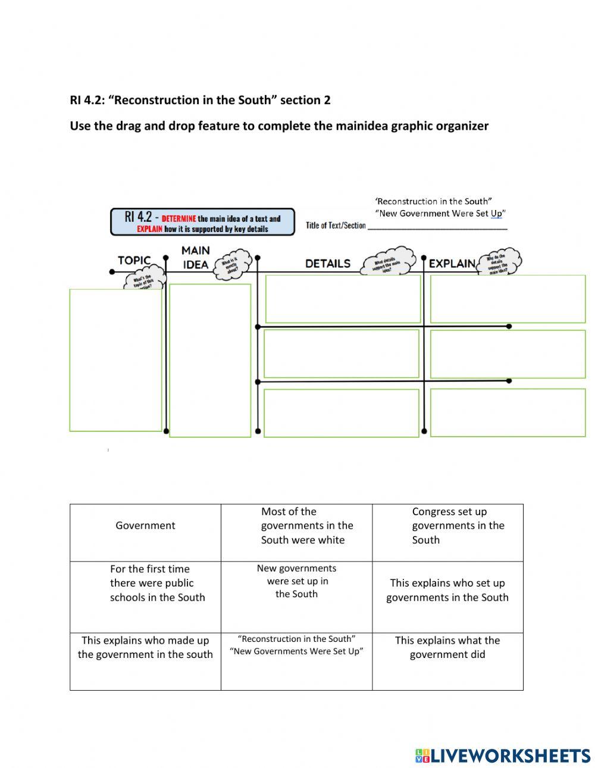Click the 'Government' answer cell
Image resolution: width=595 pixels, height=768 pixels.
click(x=145, y=526)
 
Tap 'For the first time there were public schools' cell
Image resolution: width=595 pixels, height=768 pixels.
click(x=157, y=583)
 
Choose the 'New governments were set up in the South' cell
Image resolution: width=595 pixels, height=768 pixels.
click(x=296, y=581)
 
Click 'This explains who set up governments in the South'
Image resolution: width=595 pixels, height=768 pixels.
click(x=447, y=590)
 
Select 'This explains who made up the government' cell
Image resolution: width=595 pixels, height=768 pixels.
click(x=145, y=647)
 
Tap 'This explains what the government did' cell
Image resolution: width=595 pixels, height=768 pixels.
click(x=447, y=647)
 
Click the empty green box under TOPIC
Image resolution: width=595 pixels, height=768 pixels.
click(x=115, y=360)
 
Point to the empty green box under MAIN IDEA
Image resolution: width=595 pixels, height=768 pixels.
click(x=210, y=361)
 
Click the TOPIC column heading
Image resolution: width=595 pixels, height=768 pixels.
click(x=134, y=261)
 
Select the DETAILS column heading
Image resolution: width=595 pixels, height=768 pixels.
click(x=328, y=264)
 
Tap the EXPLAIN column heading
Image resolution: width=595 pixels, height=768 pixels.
click(x=452, y=264)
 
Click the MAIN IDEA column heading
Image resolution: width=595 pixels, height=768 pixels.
click(x=195, y=258)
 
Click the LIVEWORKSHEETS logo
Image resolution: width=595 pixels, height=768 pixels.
click(x=503, y=756)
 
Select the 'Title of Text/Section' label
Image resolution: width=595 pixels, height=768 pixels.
click(x=336, y=225)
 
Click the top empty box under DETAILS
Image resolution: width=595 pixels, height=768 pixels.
click(x=343, y=299)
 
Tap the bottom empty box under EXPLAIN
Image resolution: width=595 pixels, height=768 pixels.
click(x=508, y=413)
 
